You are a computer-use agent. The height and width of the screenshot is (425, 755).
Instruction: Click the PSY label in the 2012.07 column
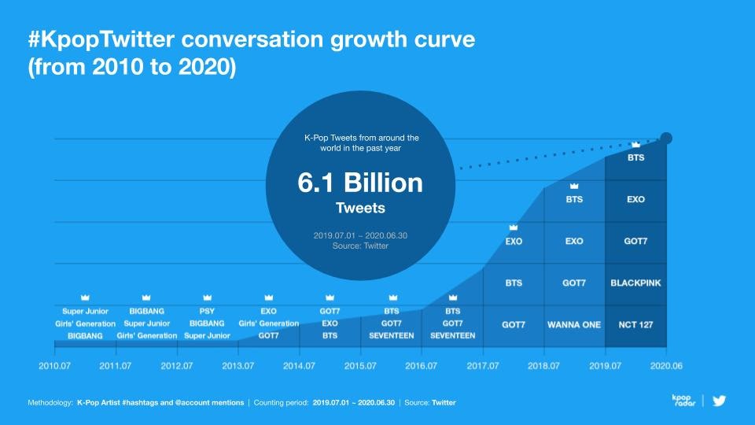[208, 311]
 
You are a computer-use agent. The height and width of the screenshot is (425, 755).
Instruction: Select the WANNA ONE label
[574, 324]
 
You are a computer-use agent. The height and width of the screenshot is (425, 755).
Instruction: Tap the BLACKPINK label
[635, 282]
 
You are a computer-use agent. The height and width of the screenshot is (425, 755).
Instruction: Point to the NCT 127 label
[635, 324]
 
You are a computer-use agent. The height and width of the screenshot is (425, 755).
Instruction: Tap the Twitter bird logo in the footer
[719, 401]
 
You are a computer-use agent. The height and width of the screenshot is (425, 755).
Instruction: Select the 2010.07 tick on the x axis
[54, 366]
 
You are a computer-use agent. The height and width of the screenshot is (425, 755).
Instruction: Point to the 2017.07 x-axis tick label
[483, 366]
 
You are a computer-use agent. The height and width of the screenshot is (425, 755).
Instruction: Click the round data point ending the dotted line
[666, 139]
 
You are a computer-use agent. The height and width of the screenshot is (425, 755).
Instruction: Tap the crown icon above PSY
[208, 297]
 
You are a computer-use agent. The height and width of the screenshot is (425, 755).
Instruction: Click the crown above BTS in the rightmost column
[635, 145]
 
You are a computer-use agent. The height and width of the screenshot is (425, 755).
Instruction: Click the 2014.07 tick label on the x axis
[300, 366]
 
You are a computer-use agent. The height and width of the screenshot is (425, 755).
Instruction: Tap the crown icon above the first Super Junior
[85, 297]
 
